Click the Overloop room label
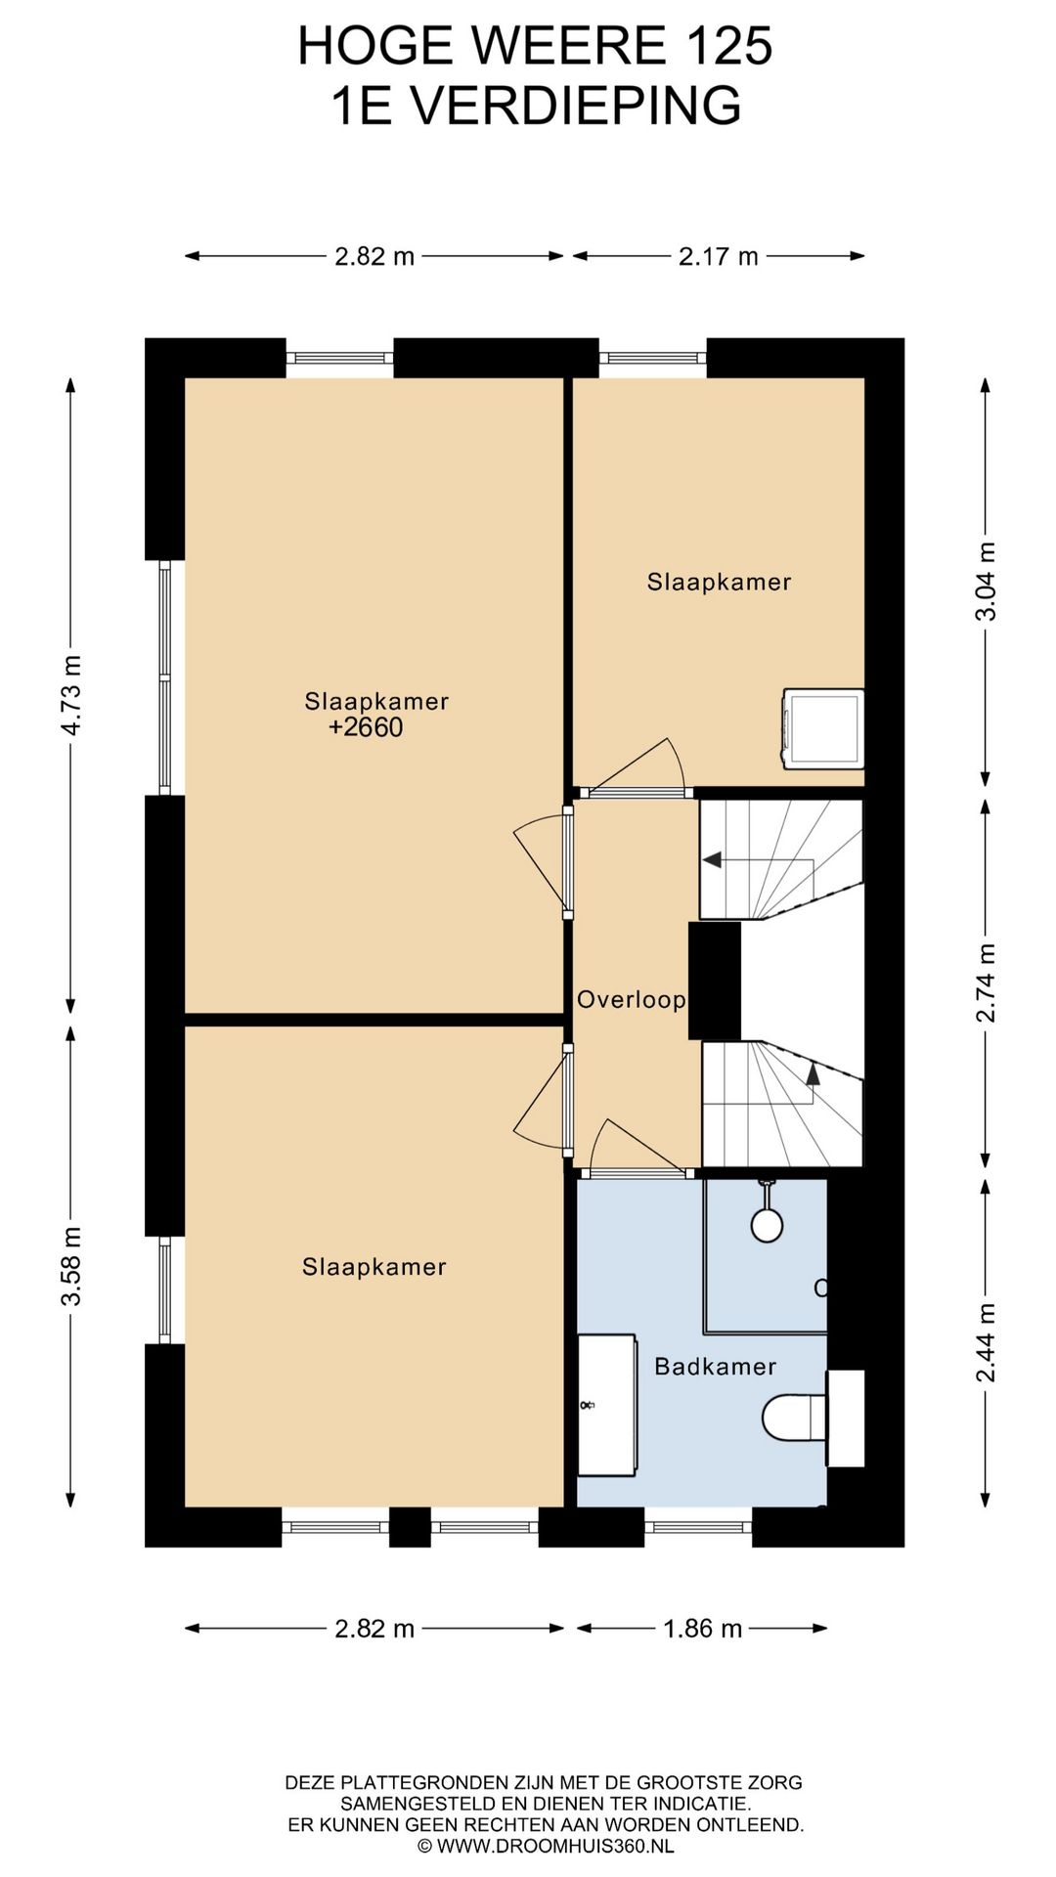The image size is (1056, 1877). pyautogui.click(x=631, y=999)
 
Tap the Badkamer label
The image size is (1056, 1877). pyautogui.click(x=715, y=1366)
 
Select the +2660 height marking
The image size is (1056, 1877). pyautogui.click(x=366, y=727)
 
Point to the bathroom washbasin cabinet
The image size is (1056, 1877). pyautogui.click(x=607, y=1405)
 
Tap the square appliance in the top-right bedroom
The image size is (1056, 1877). pyautogui.click(x=823, y=729)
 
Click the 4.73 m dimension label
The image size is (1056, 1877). pyautogui.click(x=71, y=695)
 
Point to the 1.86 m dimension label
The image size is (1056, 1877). pyautogui.click(x=702, y=1629)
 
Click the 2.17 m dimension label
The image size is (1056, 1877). pyautogui.click(x=719, y=256)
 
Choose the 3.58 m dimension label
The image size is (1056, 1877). pyautogui.click(x=71, y=1266)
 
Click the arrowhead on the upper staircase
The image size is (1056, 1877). pyautogui.click(x=712, y=860)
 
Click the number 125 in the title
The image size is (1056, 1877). pyautogui.click(x=727, y=46)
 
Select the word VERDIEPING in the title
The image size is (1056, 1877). pyautogui.click(x=576, y=106)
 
